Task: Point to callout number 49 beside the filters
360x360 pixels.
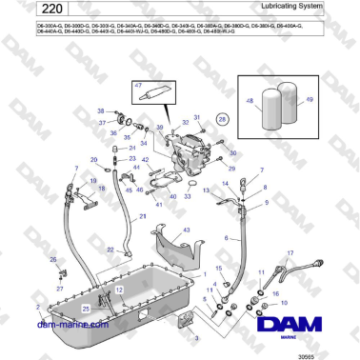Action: pyautogui.click(x=309, y=98)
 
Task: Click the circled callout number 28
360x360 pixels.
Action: pyautogui.click(x=222, y=121)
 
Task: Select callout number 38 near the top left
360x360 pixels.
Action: pyautogui.click(x=101, y=111)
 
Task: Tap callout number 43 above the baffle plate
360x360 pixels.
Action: pyautogui.click(x=187, y=230)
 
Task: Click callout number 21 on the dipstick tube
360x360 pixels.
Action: pyautogui.click(x=142, y=217)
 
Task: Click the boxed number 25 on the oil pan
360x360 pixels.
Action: pyautogui.click(x=86, y=308)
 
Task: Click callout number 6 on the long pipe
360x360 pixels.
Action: pyautogui.click(x=226, y=237)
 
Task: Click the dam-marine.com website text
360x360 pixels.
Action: pyautogui.click(x=71, y=325)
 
